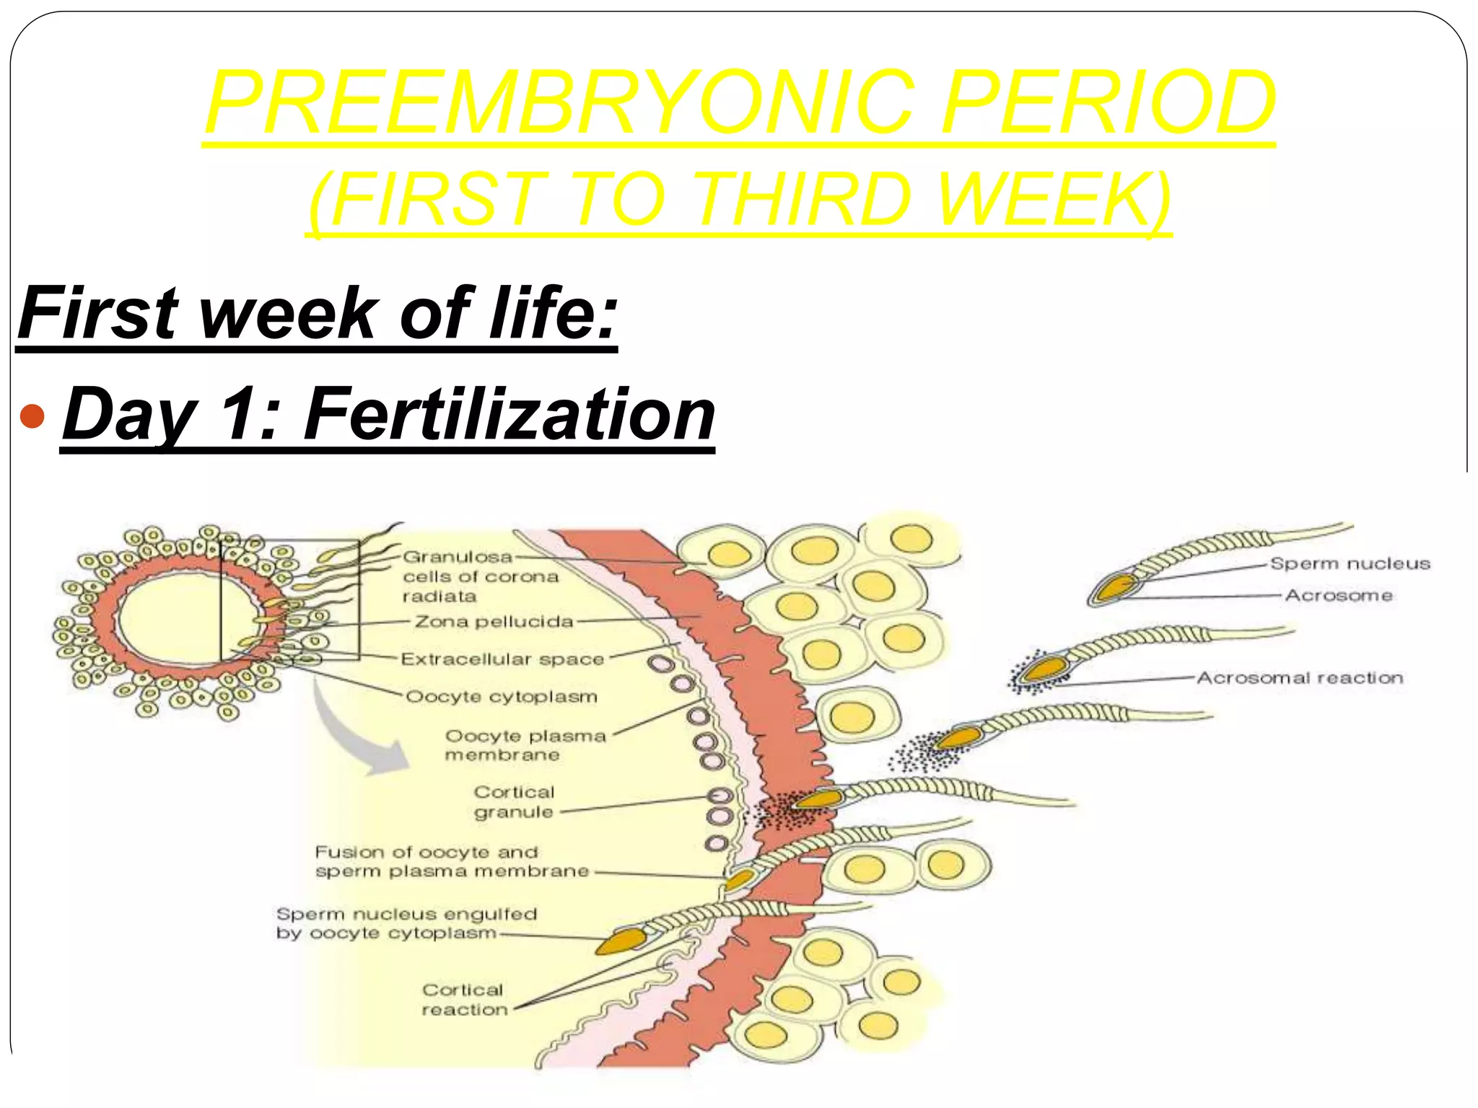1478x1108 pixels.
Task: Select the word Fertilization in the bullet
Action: [510, 414]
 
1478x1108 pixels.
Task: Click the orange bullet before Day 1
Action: [33, 415]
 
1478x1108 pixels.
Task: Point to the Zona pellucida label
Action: [494, 621]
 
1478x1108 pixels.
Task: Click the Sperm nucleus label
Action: [1350, 563]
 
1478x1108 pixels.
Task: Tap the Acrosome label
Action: [1339, 595]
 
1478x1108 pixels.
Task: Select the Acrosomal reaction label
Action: [1300, 677]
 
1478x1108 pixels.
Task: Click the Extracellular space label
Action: [502, 659]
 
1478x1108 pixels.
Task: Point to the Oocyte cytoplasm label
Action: [502, 697]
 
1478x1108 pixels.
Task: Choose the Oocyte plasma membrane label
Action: [525, 745]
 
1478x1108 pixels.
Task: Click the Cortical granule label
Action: [514, 801]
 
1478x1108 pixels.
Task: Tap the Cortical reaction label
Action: [464, 1000]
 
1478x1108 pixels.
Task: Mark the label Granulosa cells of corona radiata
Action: [480, 576]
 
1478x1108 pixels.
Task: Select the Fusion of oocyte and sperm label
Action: [452, 861]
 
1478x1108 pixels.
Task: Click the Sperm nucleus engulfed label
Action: [406, 923]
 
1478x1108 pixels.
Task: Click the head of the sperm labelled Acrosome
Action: [1115, 587]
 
